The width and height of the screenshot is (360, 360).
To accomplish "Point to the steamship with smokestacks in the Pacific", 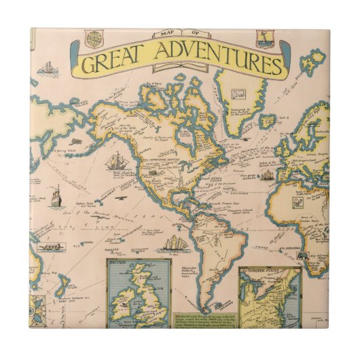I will (x=56, y=195).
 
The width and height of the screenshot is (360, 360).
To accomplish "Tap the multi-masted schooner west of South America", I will (x=175, y=242).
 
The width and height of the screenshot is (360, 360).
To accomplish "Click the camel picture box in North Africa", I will (x=297, y=202).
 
